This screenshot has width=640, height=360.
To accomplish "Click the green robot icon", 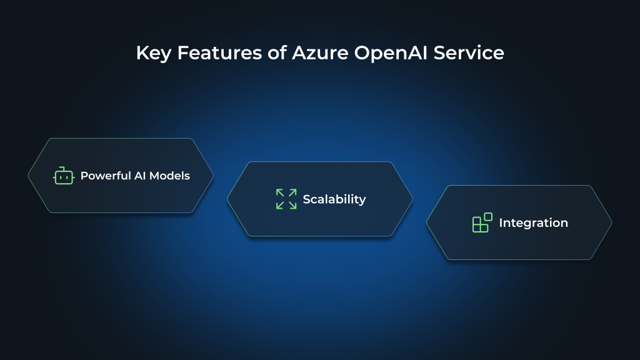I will pos(63,176).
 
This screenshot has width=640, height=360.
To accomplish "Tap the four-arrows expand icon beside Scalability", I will pos(286,199).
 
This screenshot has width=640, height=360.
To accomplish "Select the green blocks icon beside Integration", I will pos(482,223).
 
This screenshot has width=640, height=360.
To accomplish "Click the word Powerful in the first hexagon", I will pos(106,176).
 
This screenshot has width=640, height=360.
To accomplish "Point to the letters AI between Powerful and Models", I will pos(141,176).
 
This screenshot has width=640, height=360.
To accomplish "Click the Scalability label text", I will pos(334,199).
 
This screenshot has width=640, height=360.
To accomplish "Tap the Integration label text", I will pos(533,223).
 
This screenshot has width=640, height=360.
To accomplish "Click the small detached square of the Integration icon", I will pos(488,217).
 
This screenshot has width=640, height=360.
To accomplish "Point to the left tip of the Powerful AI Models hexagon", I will pos(29,176).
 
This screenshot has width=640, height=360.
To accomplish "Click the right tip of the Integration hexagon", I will pos(611,222).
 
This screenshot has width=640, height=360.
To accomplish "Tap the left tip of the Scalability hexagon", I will pos(227,199).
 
